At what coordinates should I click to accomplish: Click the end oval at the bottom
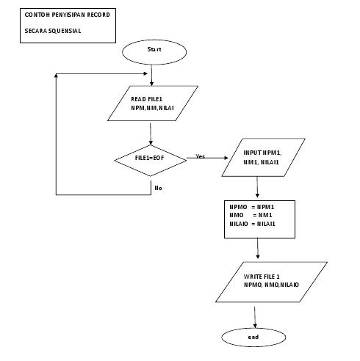pyautogui.click(x=253, y=337)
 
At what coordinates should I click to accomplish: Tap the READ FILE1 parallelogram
pyautogui.click(x=152, y=103)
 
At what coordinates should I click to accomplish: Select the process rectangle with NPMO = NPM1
pyautogui.click(x=259, y=219)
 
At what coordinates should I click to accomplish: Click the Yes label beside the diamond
pyautogui.click(x=201, y=156)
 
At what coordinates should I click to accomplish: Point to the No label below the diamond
pyautogui.click(x=158, y=188)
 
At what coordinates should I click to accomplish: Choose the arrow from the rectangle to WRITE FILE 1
pyautogui.click(x=258, y=249)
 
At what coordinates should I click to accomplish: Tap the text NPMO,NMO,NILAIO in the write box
pyautogui.click(x=262, y=284)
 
